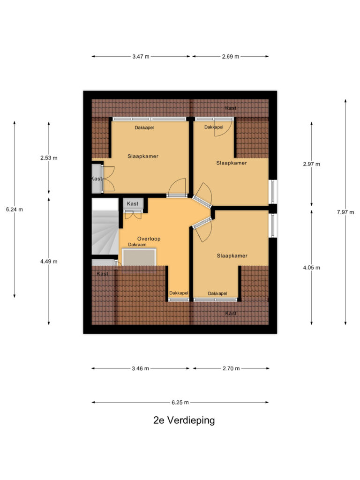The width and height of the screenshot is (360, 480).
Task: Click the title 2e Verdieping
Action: click(x=184, y=420)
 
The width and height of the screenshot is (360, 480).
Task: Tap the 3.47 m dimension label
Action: click(x=141, y=57)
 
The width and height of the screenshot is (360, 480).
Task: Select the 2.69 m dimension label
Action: click(x=230, y=57)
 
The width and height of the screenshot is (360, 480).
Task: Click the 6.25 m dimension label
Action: click(x=180, y=402)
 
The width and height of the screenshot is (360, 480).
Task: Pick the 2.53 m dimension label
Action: click(x=49, y=157)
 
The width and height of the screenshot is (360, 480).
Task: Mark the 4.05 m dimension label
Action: click(x=312, y=268)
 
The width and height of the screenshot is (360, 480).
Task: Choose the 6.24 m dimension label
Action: click(x=14, y=209)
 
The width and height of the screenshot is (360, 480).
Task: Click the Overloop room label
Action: click(x=149, y=239)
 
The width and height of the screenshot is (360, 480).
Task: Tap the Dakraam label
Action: click(x=137, y=245)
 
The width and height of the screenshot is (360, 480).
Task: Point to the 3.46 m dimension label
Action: click(x=140, y=368)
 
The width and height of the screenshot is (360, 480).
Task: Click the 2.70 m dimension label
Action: click(x=231, y=368)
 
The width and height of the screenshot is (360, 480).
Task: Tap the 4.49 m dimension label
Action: click(x=49, y=261)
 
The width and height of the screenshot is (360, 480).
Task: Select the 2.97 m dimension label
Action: click(x=312, y=164)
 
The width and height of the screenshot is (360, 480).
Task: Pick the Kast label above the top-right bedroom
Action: click(x=231, y=108)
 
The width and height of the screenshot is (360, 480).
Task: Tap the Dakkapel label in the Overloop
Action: click(x=179, y=293)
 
